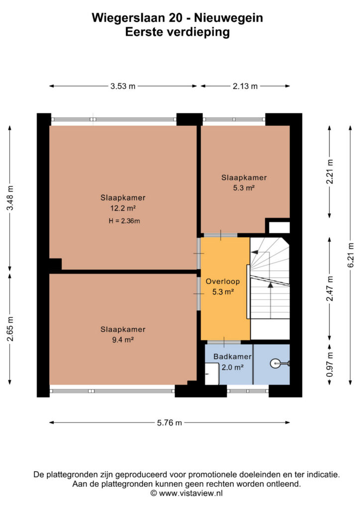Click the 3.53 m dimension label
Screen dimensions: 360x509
[x=123, y=86]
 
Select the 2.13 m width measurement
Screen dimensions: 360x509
[x=245, y=86]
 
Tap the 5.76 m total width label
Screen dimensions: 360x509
[x=170, y=423]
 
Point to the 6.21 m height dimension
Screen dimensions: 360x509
[x=351, y=255]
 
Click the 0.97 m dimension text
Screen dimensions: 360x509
[x=330, y=364]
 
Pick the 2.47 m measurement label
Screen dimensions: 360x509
[x=330, y=289]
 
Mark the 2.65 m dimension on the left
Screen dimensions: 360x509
[x=10, y=329]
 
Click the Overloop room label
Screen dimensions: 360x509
[x=223, y=281]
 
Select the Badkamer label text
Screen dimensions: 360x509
[x=232, y=356]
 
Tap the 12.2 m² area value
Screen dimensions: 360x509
[x=123, y=208]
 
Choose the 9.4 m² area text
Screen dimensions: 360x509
[x=123, y=340]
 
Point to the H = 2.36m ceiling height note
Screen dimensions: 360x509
[x=124, y=221]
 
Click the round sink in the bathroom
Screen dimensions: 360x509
[x=275, y=363]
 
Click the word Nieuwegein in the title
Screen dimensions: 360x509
[x=229, y=18]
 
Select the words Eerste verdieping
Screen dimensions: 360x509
[x=178, y=32]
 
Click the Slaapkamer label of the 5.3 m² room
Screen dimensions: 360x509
[x=244, y=177]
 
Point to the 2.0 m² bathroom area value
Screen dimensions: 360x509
[x=233, y=367]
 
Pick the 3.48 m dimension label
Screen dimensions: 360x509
[x=10, y=198]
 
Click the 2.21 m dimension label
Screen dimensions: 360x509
[x=330, y=171]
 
